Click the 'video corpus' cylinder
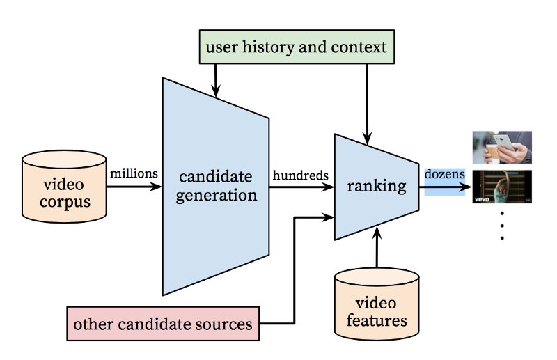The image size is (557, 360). [64, 187]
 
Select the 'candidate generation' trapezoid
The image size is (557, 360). [216, 186]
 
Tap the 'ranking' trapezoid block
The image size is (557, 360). [377, 187]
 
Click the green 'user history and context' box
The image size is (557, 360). [297, 47]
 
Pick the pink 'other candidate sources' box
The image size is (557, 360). [163, 324]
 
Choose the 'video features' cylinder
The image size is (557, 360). [377, 304]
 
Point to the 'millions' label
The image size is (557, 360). [134, 173]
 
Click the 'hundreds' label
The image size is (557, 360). [301, 175]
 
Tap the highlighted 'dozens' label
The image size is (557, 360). [444, 174]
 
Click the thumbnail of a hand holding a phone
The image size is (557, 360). [502, 148]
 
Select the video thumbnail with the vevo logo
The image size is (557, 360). [502, 187]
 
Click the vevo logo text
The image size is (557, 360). [482, 199]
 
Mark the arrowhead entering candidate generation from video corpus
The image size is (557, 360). [155, 186]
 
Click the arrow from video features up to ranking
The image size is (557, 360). [377, 247]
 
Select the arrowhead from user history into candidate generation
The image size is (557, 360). [216, 91]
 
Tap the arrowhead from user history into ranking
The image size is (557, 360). [368, 138]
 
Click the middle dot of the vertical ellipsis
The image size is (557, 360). [502, 226]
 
